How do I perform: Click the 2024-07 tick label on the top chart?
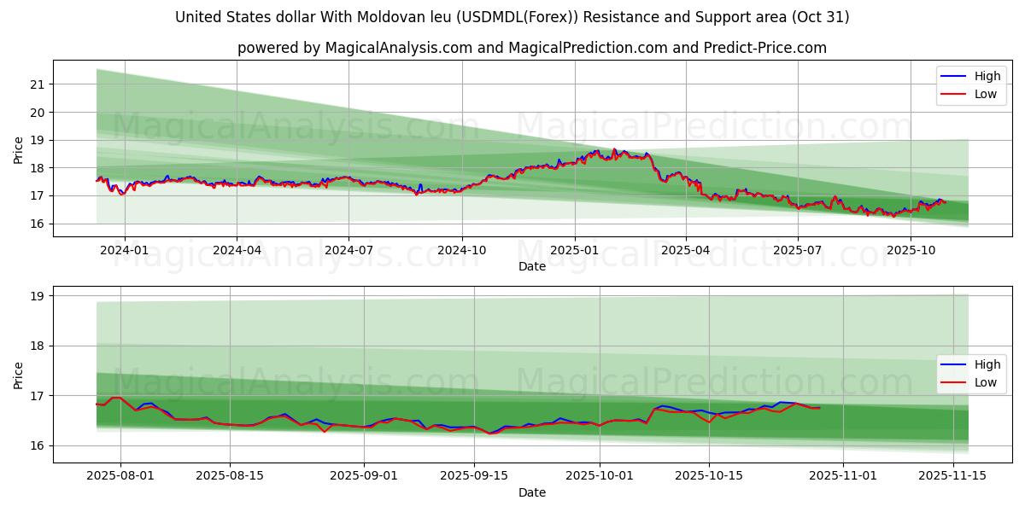(x=348, y=251)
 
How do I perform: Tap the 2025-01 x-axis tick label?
(x=574, y=251)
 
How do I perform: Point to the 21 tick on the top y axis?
(x=37, y=84)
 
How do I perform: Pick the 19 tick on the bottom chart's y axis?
(x=37, y=296)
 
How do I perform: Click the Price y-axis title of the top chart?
(x=19, y=149)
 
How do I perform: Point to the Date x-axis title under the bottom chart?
(x=531, y=492)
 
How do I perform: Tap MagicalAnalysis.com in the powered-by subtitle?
(x=399, y=48)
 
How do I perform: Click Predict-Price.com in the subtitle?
(x=764, y=48)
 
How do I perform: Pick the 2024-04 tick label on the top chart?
(x=236, y=251)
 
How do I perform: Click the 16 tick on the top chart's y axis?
(x=37, y=224)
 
